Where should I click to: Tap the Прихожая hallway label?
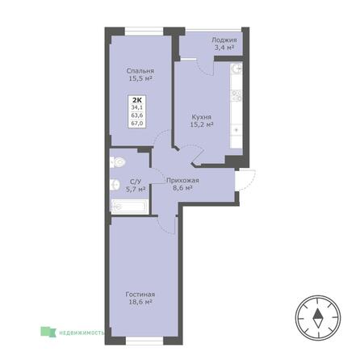click(182, 180)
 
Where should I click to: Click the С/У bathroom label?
click(136, 181)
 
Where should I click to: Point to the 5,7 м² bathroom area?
click(136, 190)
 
